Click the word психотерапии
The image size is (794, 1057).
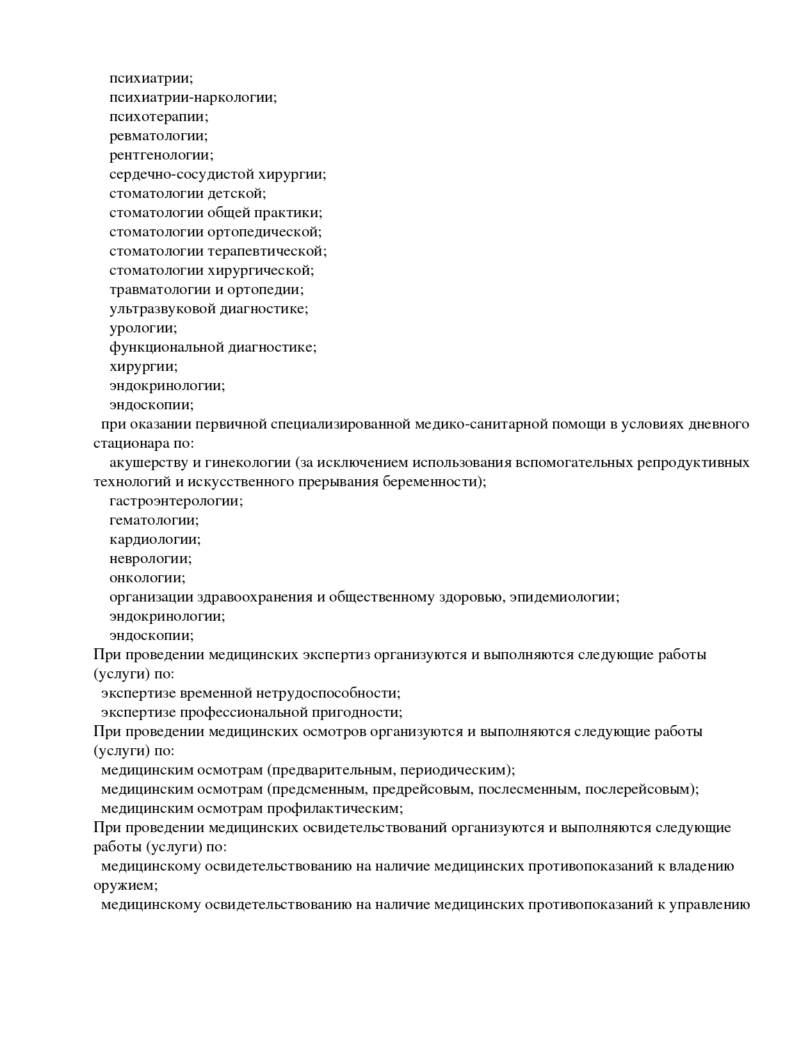[x=158, y=117]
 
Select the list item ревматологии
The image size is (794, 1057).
[x=158, y=136]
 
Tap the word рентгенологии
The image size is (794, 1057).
[x=161, y=156]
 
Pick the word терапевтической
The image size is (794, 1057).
[x=277, y=252]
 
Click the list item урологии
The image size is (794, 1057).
[x=143, y=329]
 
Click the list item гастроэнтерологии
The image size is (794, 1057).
[x=175, y=502]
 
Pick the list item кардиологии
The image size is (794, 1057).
[x=154, y=540]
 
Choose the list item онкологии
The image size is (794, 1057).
[x=147, y=578]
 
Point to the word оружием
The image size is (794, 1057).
[x=125, y=886]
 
